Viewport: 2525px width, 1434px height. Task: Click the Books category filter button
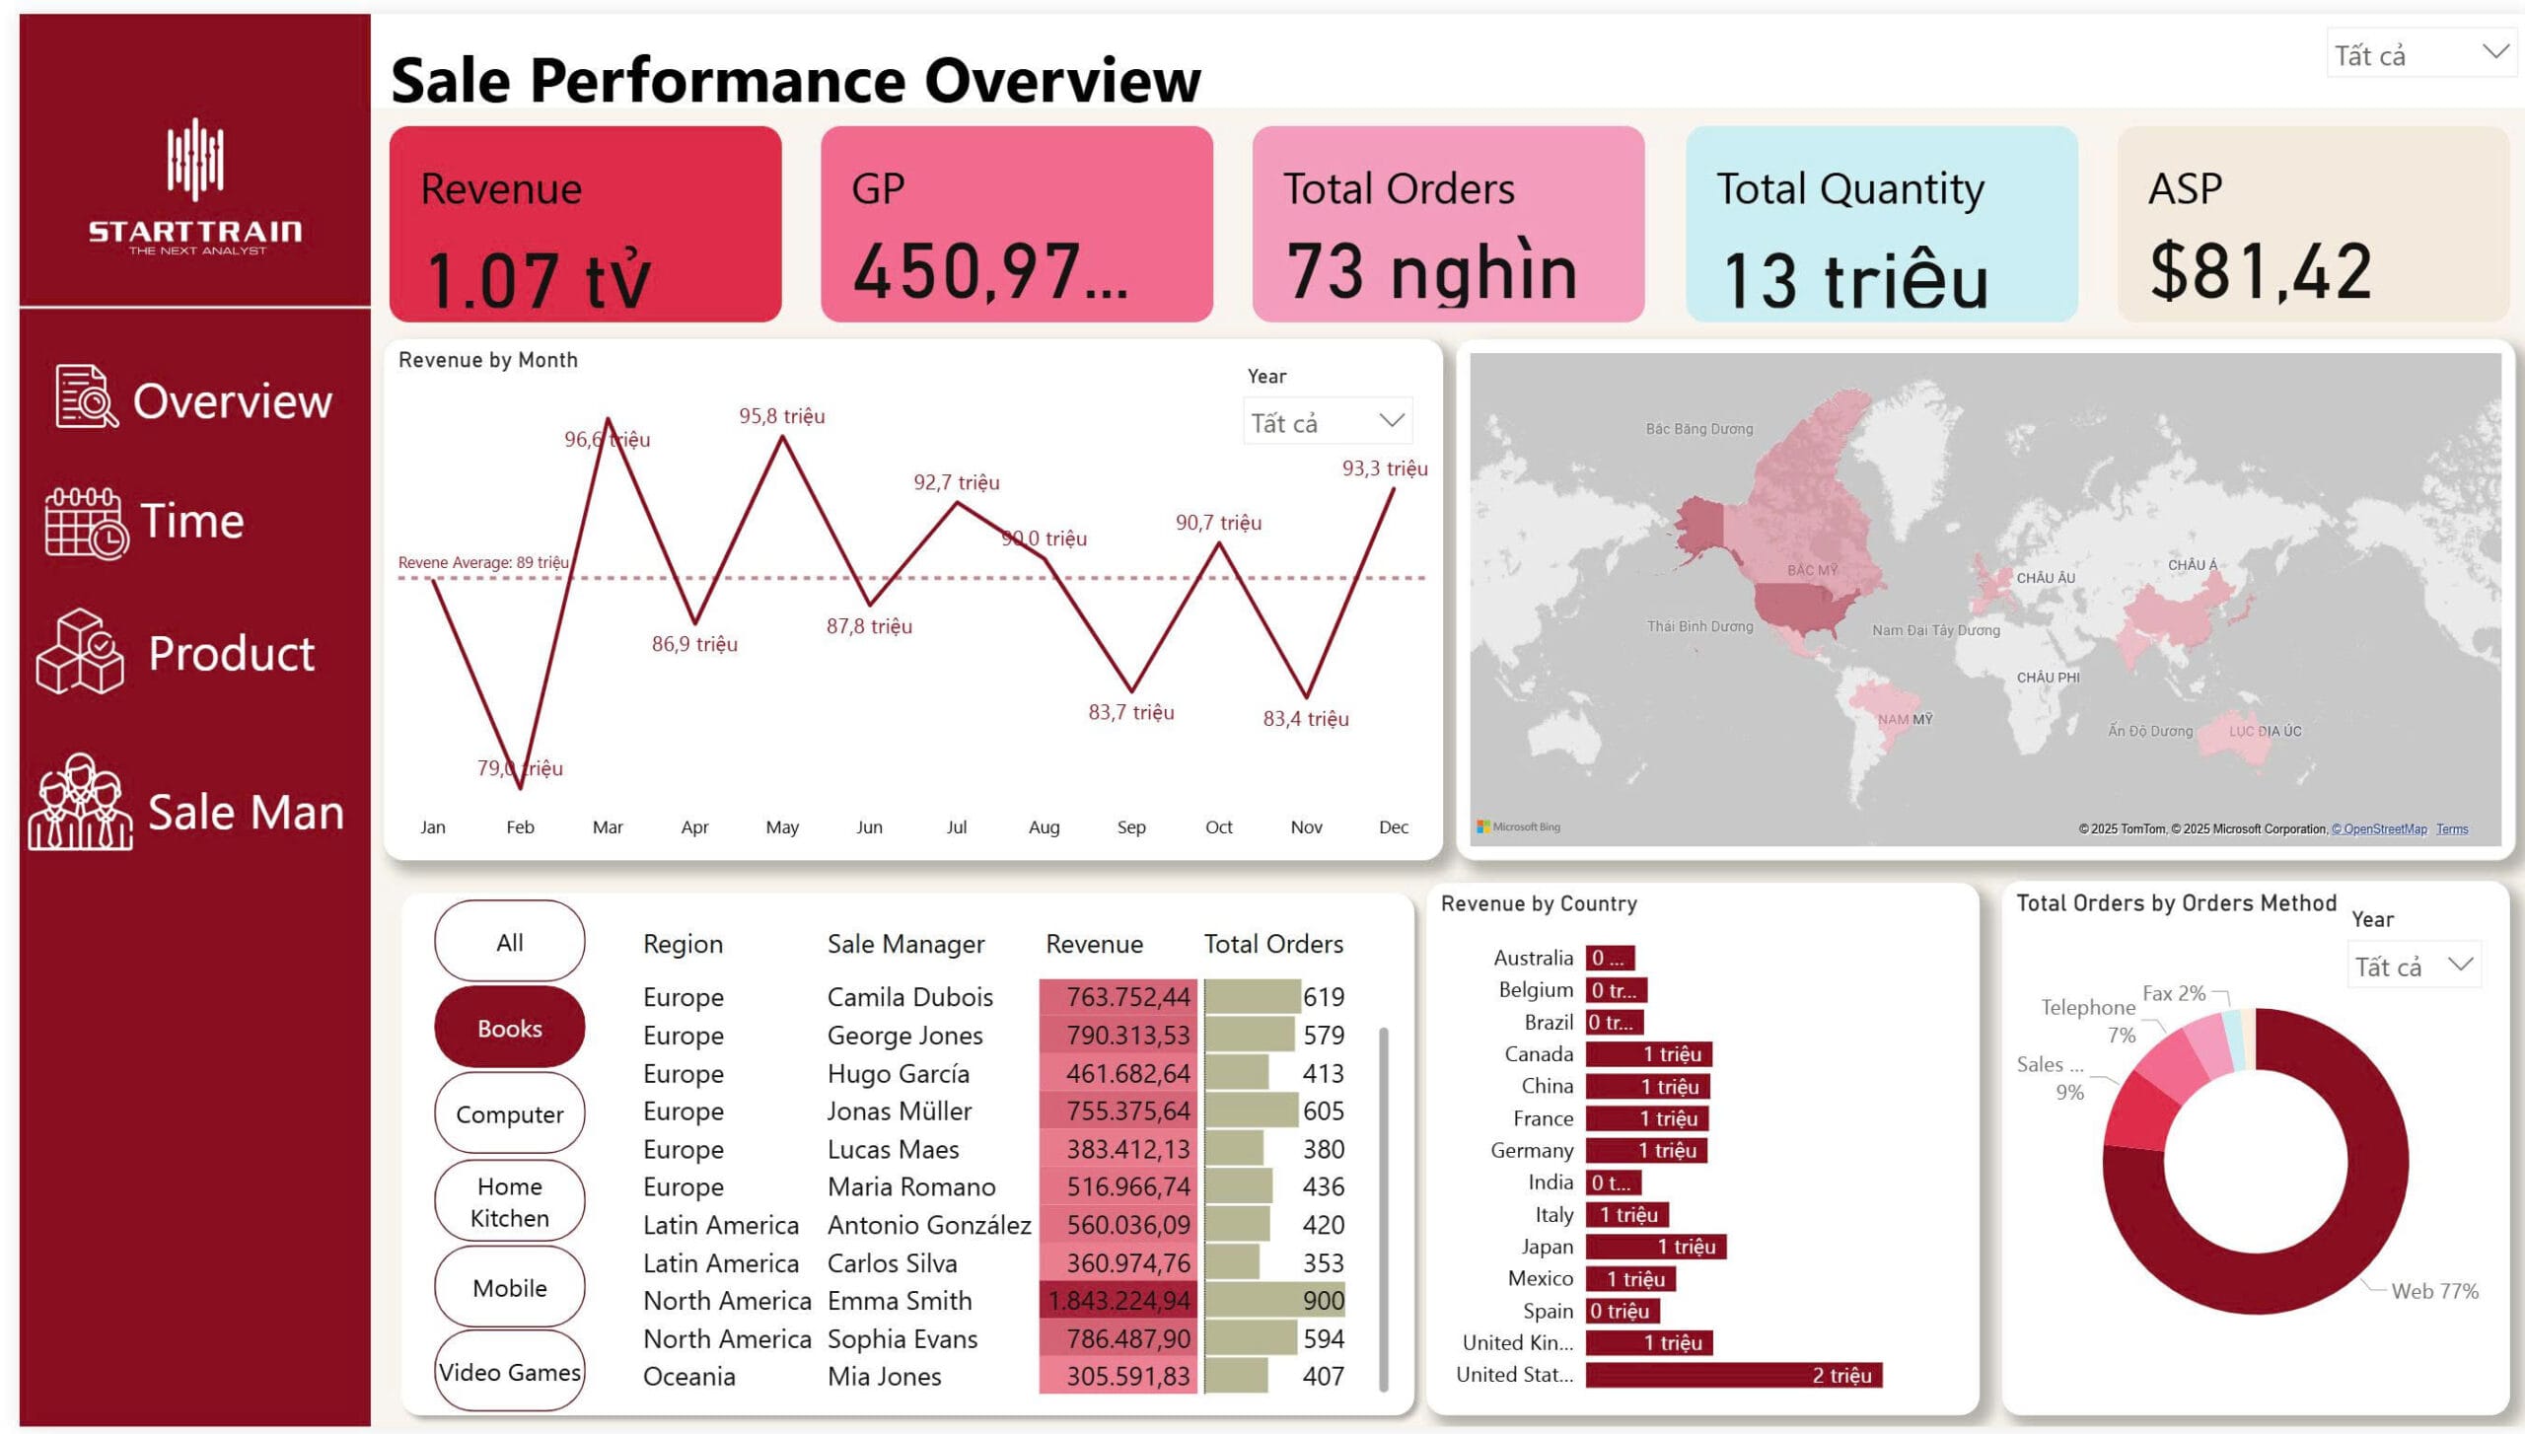[509, 1028]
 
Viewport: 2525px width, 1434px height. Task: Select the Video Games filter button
[509, 1371]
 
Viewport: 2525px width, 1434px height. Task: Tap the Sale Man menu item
[245, 813]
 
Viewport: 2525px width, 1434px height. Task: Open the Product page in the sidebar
[231, 653]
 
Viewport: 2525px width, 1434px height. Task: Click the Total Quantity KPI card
[1881, 224]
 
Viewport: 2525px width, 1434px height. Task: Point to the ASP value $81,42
[2260, 271]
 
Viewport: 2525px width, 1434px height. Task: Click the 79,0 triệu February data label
[520, 768]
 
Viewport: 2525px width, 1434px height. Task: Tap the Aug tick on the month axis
[1044, 827]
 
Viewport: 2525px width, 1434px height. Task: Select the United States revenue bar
[1733, 1375]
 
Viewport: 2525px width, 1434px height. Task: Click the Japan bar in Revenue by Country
[1655, 1247]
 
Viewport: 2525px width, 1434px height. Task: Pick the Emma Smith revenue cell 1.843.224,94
[1118, 1301]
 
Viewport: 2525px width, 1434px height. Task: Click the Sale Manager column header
[905, 944]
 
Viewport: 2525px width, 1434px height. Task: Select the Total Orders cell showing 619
[1323, 997]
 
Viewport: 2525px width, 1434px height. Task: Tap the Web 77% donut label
[2434, 1291]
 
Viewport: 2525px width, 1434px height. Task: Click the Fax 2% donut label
[2173, 993]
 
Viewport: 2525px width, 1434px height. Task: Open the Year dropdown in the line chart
[1328, 422]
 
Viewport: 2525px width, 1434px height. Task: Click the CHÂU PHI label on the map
[2048, 678]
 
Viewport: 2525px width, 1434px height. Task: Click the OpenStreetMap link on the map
[2379, 829]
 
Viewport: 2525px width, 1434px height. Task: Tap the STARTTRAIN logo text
[195, 232]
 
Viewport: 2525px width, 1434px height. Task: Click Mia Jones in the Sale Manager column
[884, 1376]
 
